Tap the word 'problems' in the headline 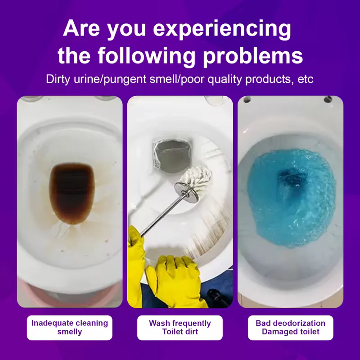click(x=253, y=56)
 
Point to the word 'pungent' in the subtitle click(x=125, y=80)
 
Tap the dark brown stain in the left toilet click(x=72, y=193)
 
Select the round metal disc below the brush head click(x=186, y=193)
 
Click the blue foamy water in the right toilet click(x=291, y=198)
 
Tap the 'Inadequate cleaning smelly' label click(x=70, y=328)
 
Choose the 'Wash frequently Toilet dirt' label click(x=180, y=328)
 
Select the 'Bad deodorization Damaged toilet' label click(x=290, y=328)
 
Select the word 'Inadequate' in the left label click(x=49, y=323)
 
